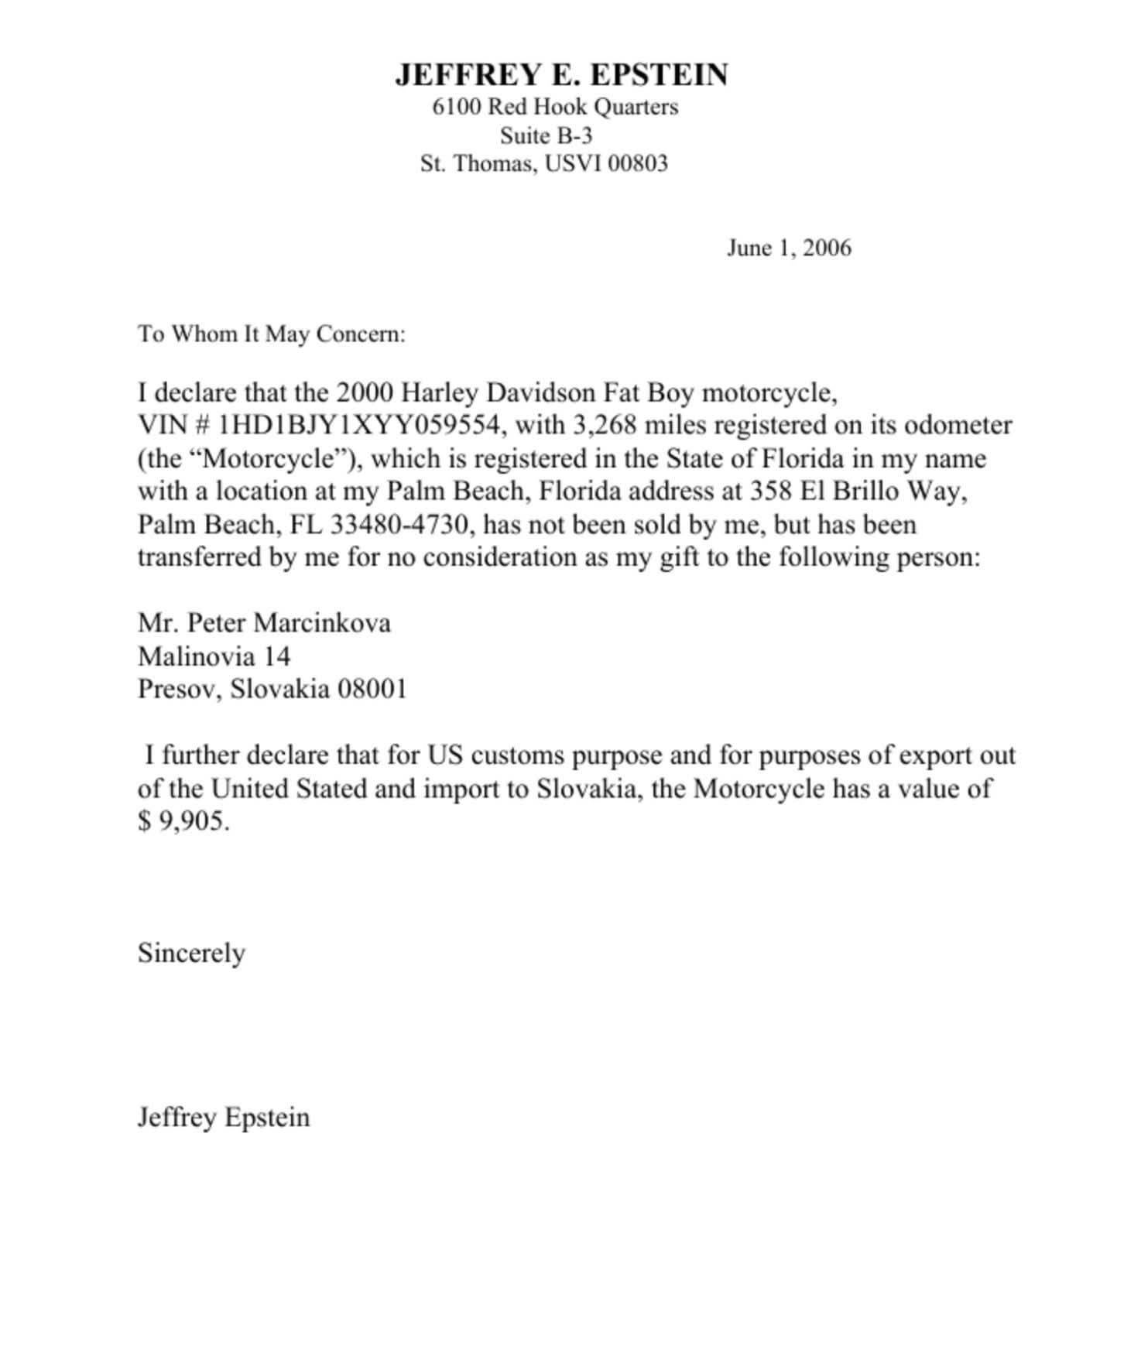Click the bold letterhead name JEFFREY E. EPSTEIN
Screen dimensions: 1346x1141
click(x=561, y=75)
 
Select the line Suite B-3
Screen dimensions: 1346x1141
click(x=546, y=135)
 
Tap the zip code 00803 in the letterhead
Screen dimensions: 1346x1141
click(x=637, y=164)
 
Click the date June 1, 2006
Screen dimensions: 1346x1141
click(x=788, y=248)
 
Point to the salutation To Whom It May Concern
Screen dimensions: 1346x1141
click(x=272, y=334)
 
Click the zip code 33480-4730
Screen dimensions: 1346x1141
click(x=399, y=525)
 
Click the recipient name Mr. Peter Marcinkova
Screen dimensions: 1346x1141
click(x=264, y=623)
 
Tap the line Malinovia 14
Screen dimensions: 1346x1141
click(x=214, y=656)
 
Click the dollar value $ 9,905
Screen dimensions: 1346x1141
click(x=183, y=821)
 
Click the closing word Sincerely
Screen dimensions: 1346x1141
click(x=191, y=953)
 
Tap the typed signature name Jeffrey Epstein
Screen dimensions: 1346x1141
click(x=224, y=1118)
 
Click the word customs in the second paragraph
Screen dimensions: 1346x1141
click(x=516, y=755)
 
